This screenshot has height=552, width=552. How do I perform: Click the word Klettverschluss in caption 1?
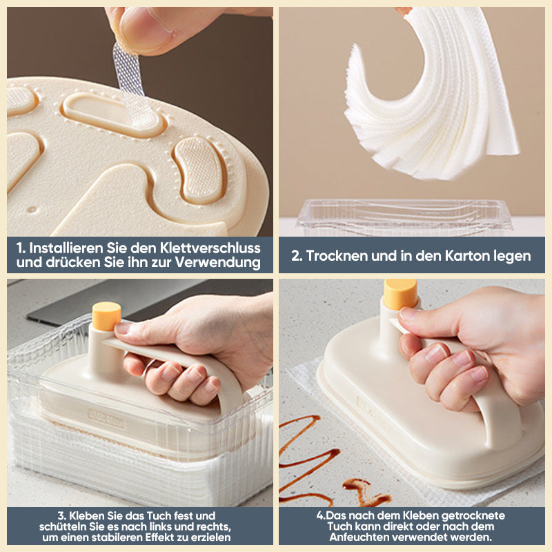pos(210,248)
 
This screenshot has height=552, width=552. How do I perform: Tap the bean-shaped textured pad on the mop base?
pos(199,170)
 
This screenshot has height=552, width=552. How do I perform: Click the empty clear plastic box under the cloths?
pos(404,217)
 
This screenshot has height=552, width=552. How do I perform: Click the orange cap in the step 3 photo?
pos(106,316)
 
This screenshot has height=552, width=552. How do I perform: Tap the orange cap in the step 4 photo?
pos(400,294)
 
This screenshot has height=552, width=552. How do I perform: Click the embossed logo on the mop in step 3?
pos(106,418)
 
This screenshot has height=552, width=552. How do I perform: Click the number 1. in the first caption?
pos(21,248)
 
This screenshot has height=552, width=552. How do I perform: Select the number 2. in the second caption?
pos(297,256)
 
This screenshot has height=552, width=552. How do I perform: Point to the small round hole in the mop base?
pos(31,210)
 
